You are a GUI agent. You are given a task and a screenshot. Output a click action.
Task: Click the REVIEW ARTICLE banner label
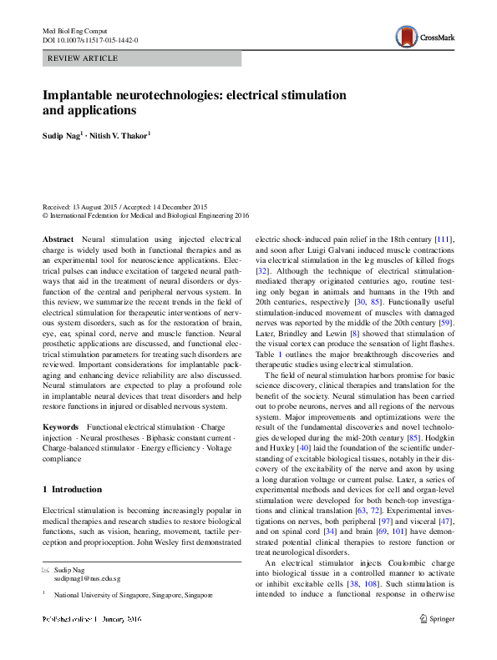point(84,58)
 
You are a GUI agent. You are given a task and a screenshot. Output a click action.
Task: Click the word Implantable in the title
point(80,96)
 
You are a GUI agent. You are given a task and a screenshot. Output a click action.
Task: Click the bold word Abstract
point(58,239)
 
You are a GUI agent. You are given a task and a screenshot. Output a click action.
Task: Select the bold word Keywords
point(62,426)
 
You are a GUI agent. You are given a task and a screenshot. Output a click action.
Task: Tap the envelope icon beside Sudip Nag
point(46,569)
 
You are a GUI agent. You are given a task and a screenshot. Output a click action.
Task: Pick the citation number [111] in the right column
point(444,239)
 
